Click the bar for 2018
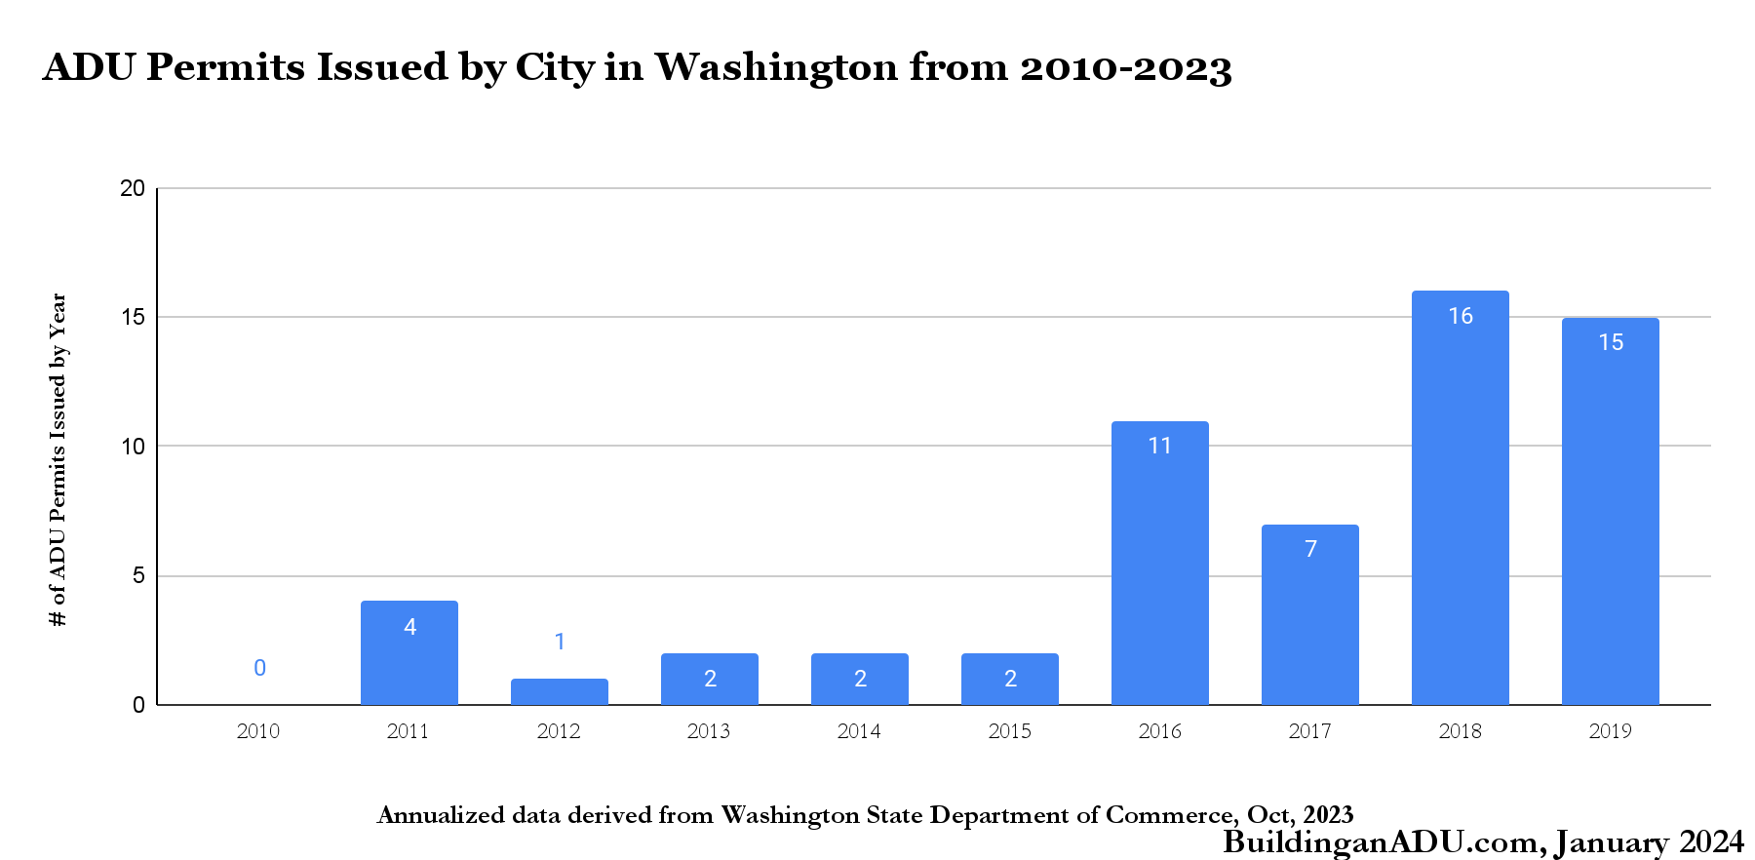1460,497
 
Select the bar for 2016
1159,563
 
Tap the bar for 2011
409,652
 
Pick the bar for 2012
559,691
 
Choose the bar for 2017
1309,614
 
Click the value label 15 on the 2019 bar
1611,342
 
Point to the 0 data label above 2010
259,668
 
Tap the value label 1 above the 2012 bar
560,642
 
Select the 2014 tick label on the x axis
859,731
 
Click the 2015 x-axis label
1009,731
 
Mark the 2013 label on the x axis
709,731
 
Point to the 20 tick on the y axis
132,188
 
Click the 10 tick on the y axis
132,447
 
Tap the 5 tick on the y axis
138,575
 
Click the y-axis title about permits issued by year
58,459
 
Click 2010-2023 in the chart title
1126,68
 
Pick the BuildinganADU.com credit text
1384,841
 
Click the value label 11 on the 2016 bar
1159,446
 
